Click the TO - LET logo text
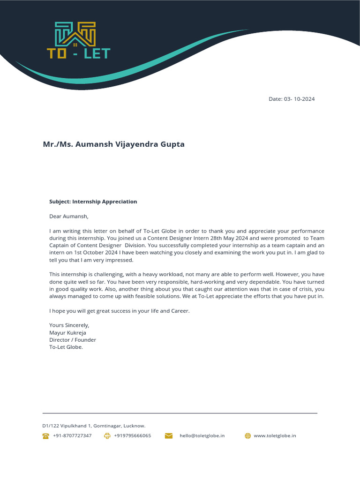pos(78,53)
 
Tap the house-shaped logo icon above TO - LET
pos(75,34)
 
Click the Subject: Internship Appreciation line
pos(93,202)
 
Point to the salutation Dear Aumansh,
pos(68,217)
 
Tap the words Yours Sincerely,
pos(69,325)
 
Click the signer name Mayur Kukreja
pos(67,332)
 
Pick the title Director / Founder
pos(73,340)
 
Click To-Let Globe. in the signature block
pos(66,347)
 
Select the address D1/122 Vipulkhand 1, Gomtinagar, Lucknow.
pos(94,426)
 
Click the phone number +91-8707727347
pos(72,435)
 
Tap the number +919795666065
pos(133,435)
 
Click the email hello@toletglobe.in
pos(202,435)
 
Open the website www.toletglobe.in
pos(275,435)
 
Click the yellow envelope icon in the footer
pos(169,435)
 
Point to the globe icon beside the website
pos(248,435)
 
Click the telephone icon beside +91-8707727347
pos(46,435)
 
